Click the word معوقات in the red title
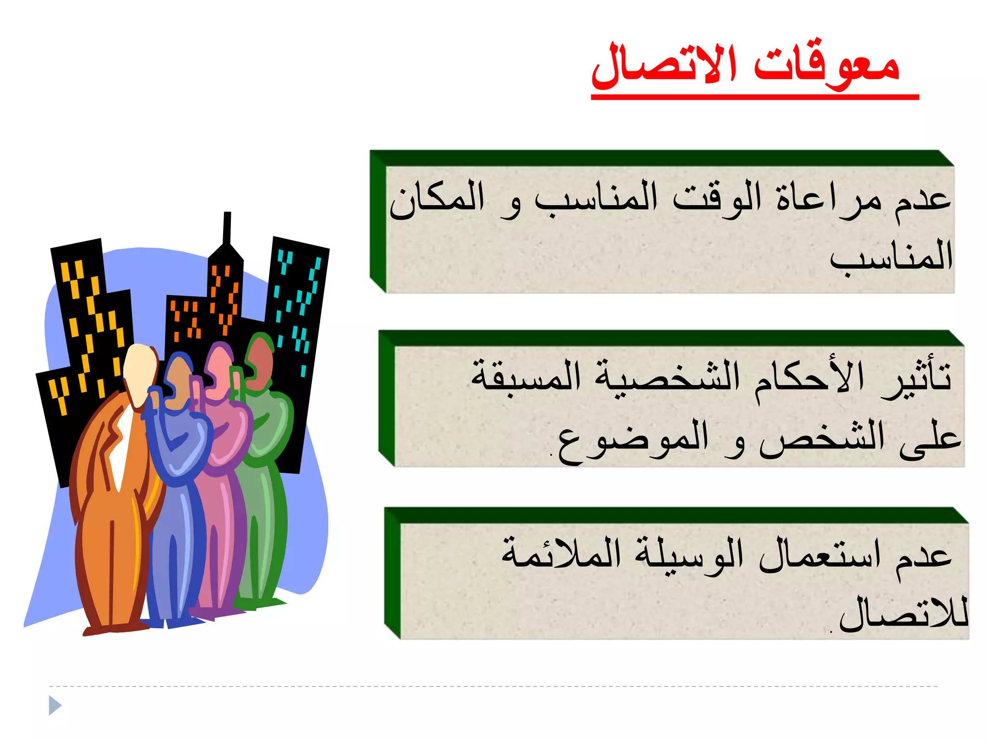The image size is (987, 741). pyautogui.click(x=826, y=65)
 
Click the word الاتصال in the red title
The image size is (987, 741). pyautogui.click(x=665, y=65)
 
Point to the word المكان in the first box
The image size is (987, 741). pyautogui.click(x=437, y=199)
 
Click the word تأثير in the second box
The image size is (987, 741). pyautogui.click(x=916, y=379)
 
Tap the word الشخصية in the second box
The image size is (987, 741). pyautogui.click(x=667, y=379)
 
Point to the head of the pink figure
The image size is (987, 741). pyautogui.click(x=219, y=369)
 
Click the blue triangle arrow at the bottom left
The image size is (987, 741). pyautogui.click(x=55, y=706)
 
